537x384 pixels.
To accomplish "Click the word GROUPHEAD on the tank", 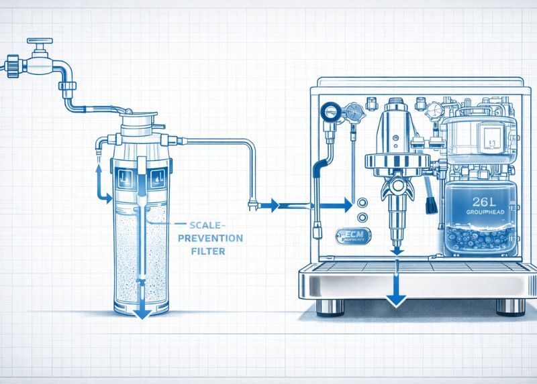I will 485,212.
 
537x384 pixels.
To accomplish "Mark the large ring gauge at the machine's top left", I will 330,112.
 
